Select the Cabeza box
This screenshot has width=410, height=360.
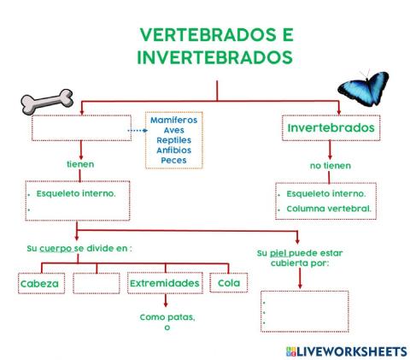[41, 284]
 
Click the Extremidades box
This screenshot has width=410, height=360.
[164, 284]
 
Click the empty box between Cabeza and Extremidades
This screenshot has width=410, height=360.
[97, 284]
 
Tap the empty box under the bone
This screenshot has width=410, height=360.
[82, 128]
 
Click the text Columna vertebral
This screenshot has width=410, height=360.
[329, 209]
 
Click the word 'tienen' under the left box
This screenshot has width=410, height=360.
[80, 162]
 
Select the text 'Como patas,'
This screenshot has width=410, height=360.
[167, 318]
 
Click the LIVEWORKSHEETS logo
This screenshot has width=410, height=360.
[346, 351]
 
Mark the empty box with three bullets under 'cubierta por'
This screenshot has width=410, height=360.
[303, 311]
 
